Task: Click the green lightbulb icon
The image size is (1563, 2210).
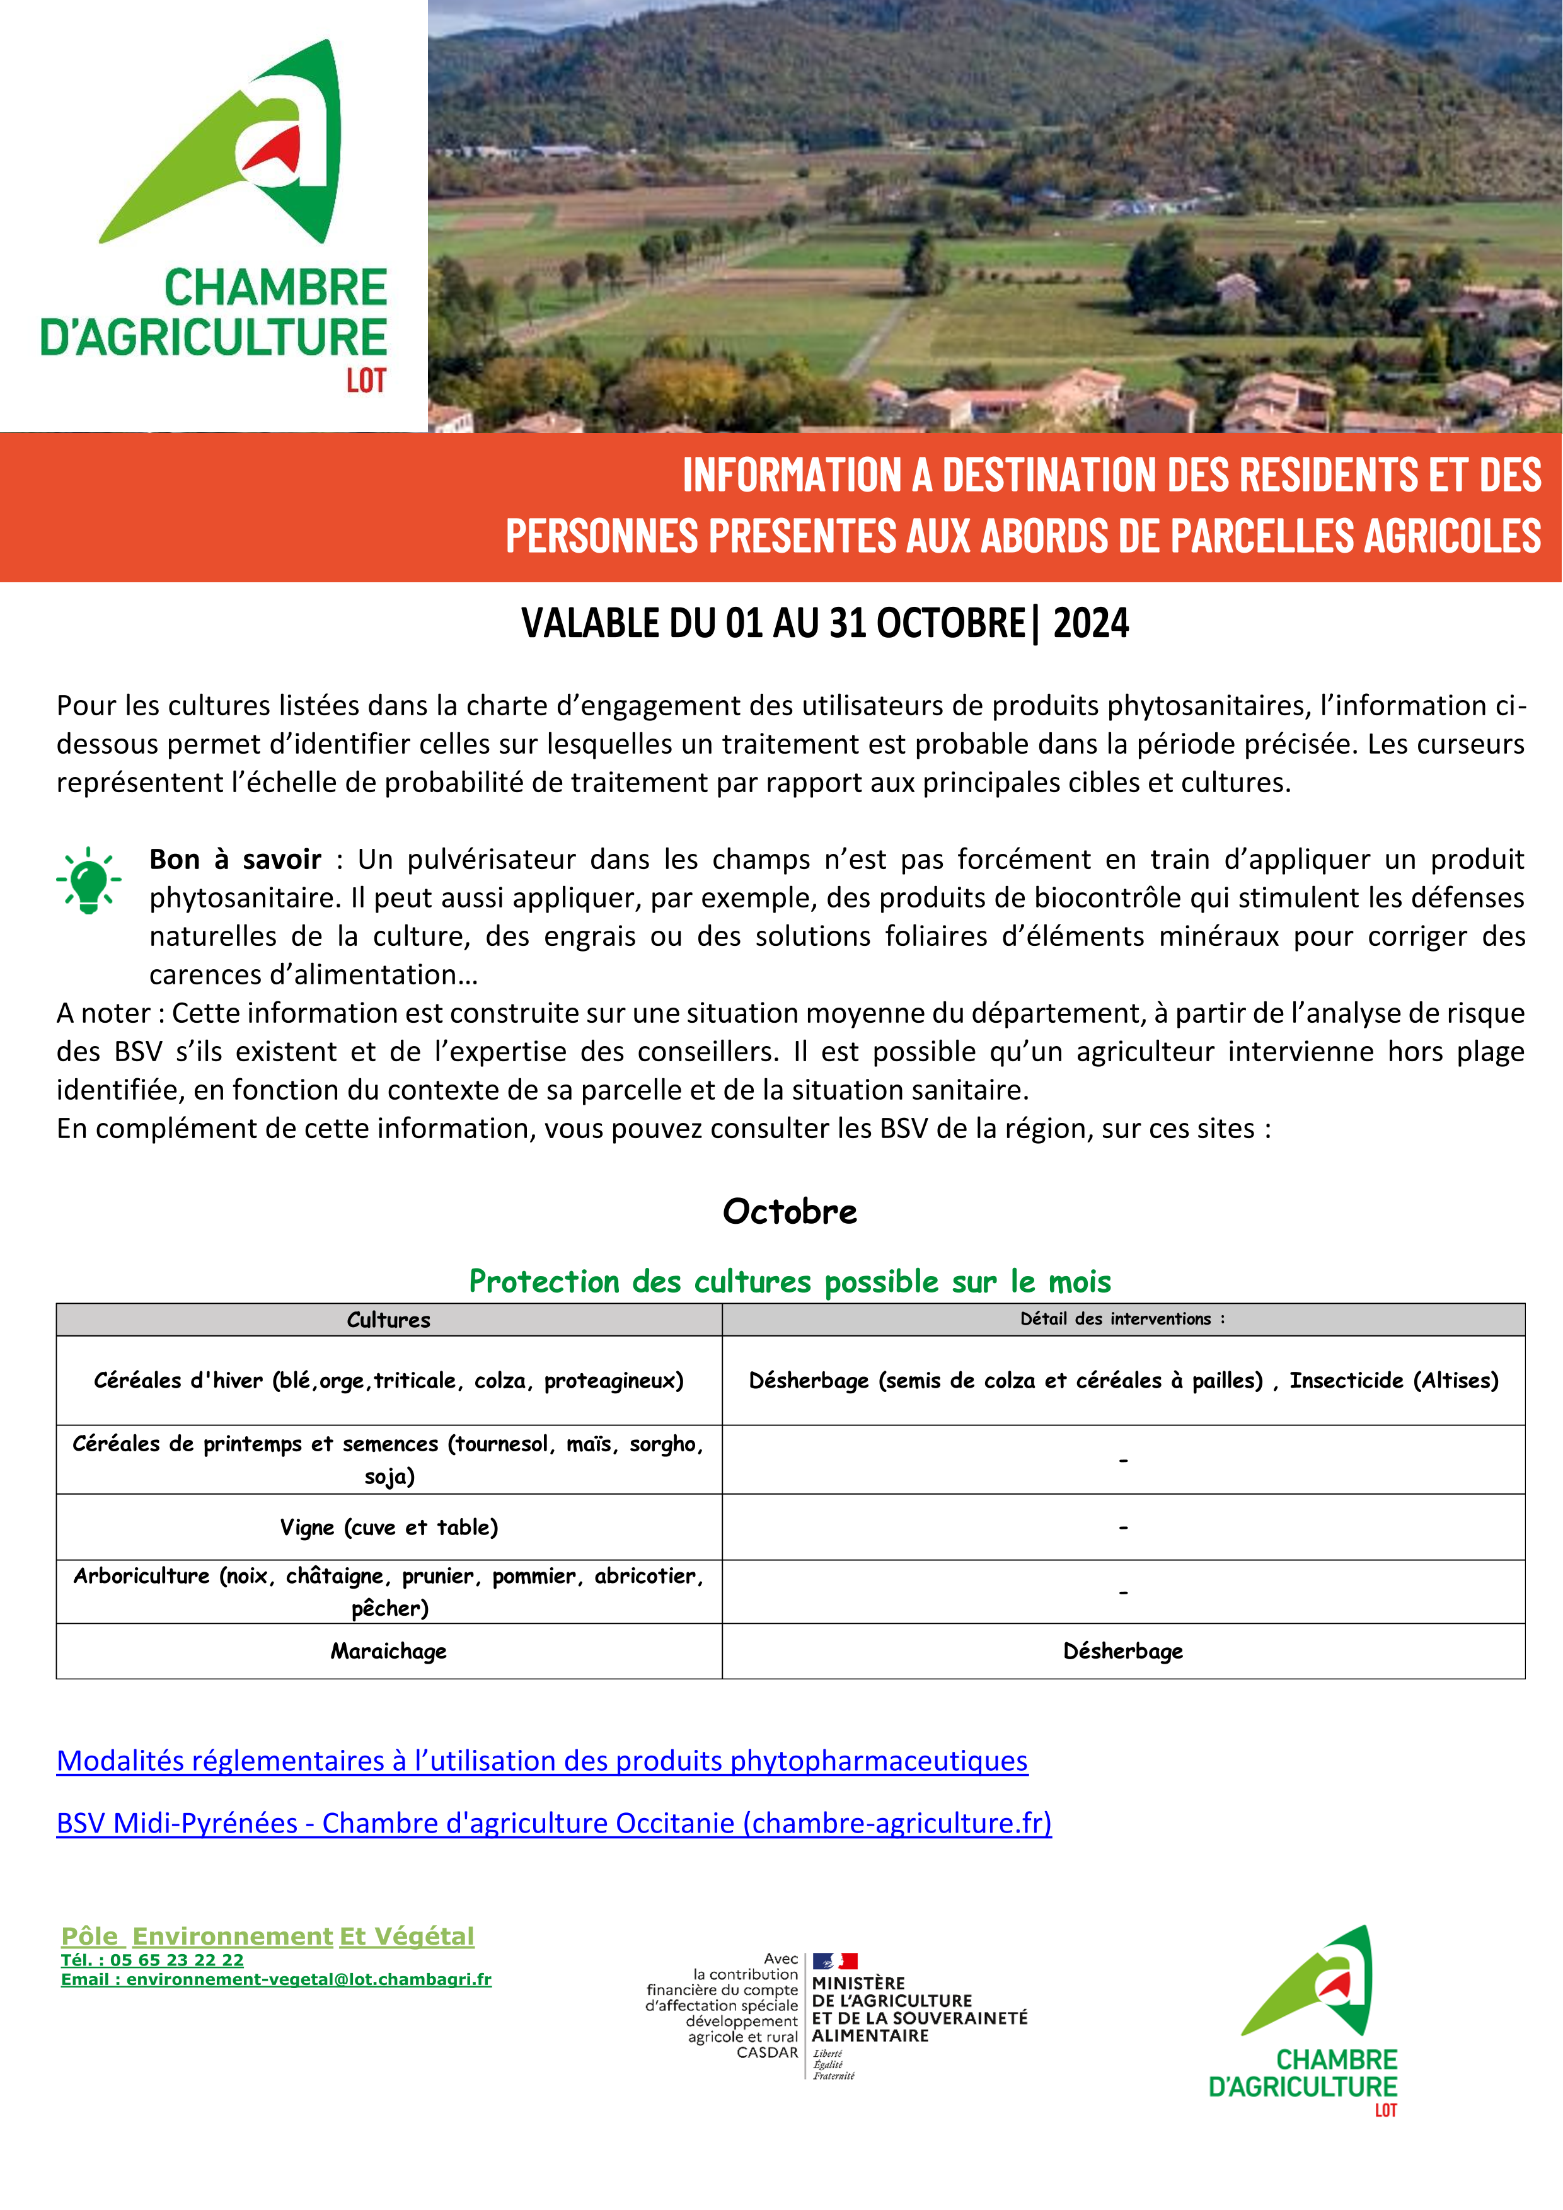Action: (x=88, y=880)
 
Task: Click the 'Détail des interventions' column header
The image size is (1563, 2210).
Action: (x=1122, y=1319)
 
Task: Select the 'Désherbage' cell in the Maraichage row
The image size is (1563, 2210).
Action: (x=1122, y=1651)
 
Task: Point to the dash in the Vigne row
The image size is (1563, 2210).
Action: (x=1122, y=1528)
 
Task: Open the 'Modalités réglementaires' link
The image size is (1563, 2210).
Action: (x=542, y=1761)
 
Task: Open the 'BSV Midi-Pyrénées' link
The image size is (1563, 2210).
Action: (x=553, y=1823)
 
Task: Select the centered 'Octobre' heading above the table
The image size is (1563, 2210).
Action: (x=789, y=1211)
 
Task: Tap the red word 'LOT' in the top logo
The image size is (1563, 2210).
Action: (x=366, y=381)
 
